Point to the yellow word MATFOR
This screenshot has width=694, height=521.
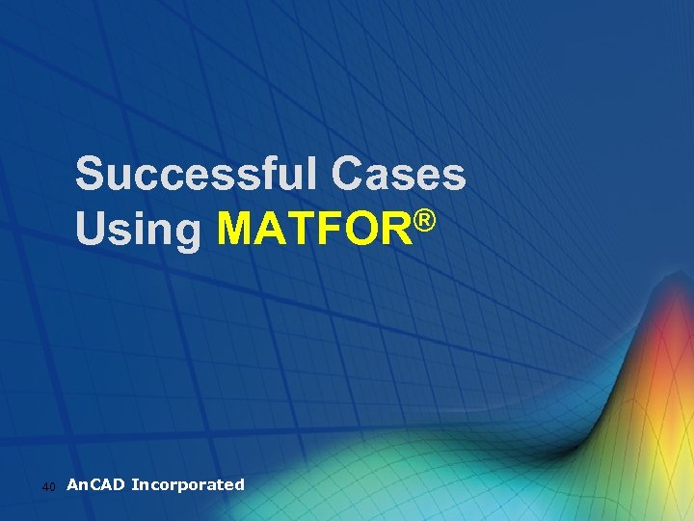(x=313, y=230)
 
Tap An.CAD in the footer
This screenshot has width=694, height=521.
(x=95, y=484)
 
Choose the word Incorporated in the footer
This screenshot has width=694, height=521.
(x=188, y=484)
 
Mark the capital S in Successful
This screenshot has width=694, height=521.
(x=93, y=176)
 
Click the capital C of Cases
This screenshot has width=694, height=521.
(x=348, y=176)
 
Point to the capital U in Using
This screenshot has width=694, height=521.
(x=93, y=230)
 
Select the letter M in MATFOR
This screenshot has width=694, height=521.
(x=238, y=230)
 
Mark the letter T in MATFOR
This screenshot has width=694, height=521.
(x=299, y=230)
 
